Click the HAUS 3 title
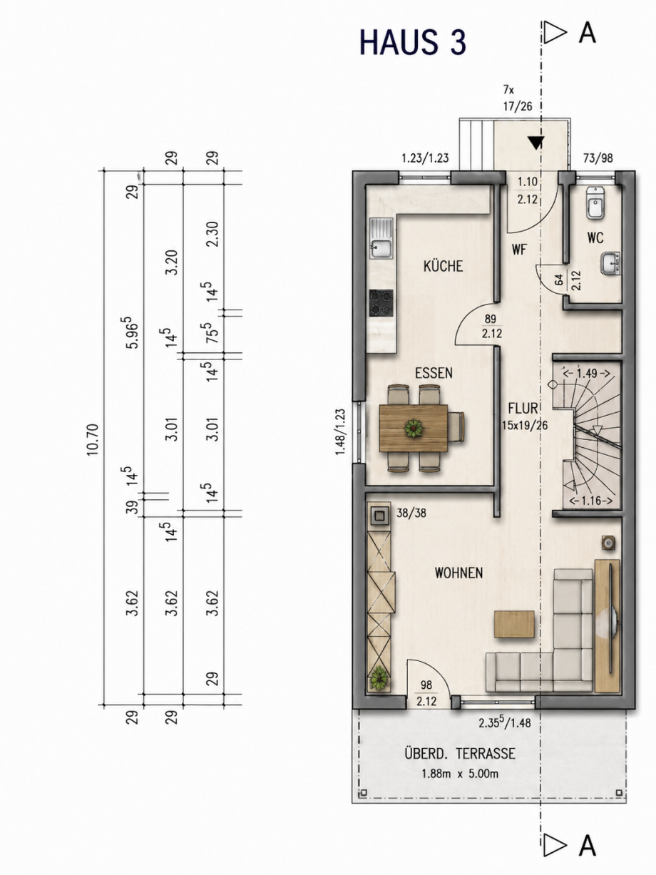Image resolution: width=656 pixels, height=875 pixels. pos(412,42)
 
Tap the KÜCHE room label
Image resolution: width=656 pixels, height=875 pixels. pos(443,266)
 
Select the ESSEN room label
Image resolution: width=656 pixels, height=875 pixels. pos(434,373)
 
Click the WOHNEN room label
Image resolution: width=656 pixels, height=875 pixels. pos(458,573)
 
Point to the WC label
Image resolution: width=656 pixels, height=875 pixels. pos(595,238)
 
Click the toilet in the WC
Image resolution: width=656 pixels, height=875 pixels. pos(595,204)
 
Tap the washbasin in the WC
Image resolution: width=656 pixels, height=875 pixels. pos(610,263)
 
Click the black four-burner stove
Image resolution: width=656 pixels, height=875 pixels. pos(381,303)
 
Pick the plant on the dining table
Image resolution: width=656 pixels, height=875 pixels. pos(414,428)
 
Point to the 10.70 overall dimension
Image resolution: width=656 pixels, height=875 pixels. pos(93,439)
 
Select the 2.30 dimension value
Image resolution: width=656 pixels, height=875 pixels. pos(213,234)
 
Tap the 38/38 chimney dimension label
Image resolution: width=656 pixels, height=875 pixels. pos(411,513)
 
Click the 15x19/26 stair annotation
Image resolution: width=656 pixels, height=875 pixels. pos(525,425)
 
